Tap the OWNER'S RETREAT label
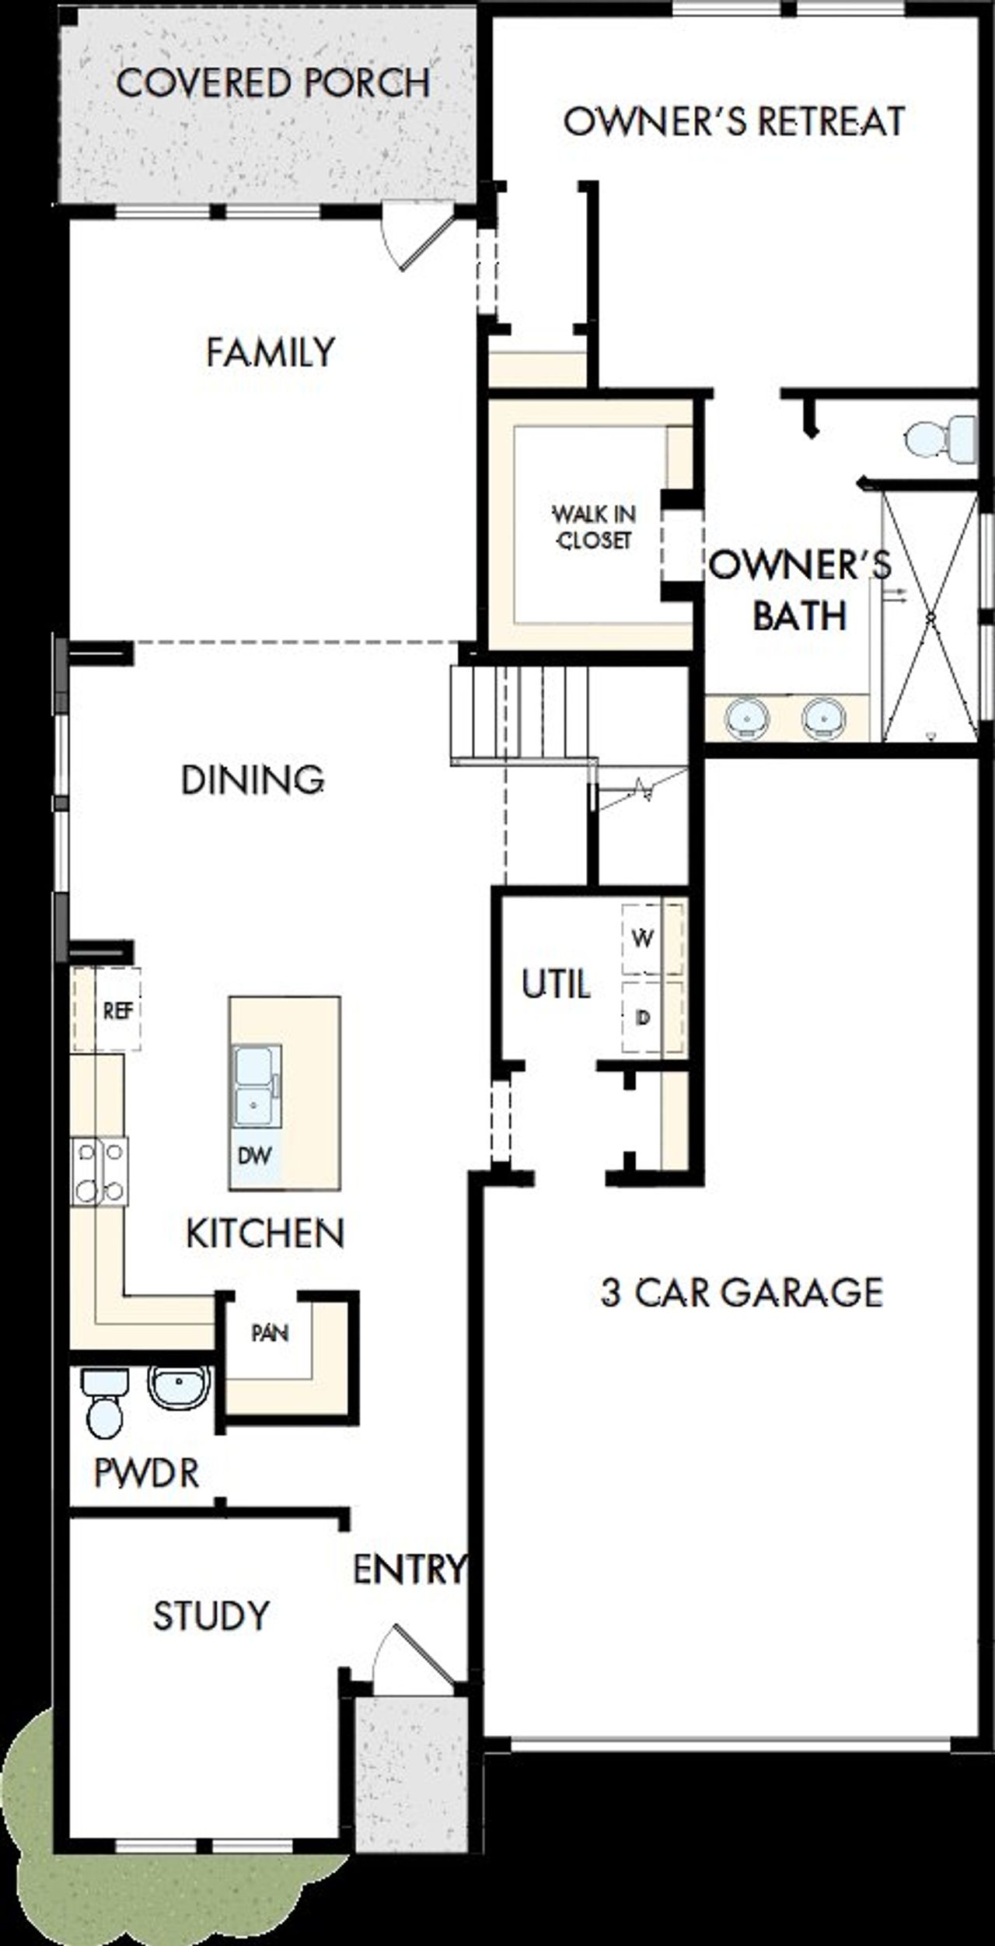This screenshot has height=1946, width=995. click(x=734, y=121)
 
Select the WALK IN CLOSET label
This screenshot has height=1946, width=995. click(x=593, y=527)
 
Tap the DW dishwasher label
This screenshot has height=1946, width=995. click(x=254, y=1155)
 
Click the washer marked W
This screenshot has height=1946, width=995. click(x=643, y=939)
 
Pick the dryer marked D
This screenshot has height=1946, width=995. click(x=643, y=1017)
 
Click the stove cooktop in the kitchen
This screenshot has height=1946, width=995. click(x=99, y=1171)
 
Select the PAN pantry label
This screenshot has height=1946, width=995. click(x=270, y=1333)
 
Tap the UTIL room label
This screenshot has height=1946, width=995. click(x=555, y=984)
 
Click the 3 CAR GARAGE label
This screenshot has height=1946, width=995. click(x=742, y=1292)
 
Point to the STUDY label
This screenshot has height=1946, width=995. click(x=211, y=1616)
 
